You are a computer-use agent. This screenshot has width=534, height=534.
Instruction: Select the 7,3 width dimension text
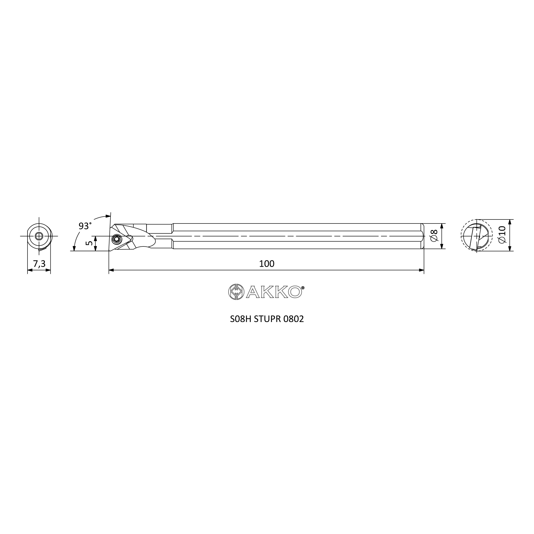39,264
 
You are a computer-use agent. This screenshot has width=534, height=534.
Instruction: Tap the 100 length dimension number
267,264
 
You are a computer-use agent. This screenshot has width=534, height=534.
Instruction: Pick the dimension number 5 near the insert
89,243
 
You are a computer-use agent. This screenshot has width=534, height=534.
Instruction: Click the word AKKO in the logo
274,292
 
